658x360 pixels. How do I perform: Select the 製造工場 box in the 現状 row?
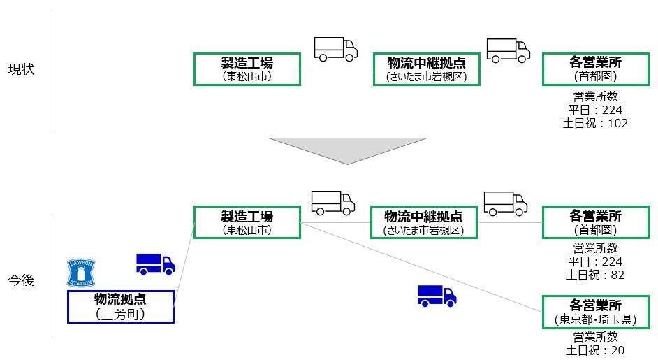coord(247,69)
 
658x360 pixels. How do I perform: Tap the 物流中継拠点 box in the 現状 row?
coord(425,69)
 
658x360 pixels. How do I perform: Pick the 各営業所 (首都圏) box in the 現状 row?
coord(595,69)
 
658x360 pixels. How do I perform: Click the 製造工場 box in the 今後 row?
coord(247,222)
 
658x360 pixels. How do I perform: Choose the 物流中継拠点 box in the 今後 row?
coord(423,222)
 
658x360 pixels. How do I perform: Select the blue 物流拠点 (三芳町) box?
coord(120,307)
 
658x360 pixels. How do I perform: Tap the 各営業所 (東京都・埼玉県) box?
coord(595,312)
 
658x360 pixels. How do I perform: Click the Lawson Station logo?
coord(80,272)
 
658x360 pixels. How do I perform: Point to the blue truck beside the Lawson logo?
coord(155,264)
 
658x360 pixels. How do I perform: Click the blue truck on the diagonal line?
coord(437,296)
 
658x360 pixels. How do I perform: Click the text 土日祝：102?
coord(598,123)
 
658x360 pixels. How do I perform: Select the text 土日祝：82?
coord(595,275)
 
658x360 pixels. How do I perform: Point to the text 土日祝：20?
coord(595,350)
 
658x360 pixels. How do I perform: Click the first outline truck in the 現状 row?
coord(335,49)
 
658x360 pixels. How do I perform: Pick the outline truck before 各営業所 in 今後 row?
coord(505,203)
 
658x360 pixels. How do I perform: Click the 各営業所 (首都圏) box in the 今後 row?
coord(595,222)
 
